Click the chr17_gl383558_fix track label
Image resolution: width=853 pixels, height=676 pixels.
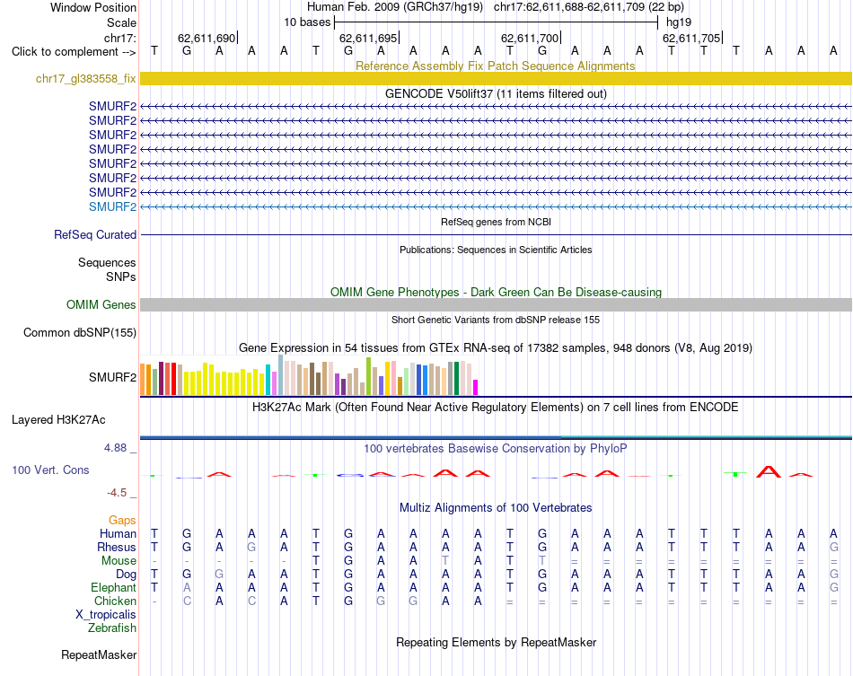(85, 79)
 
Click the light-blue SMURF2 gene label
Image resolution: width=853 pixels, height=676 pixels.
(112, 206)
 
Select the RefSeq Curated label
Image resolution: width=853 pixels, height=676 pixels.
(95, 234)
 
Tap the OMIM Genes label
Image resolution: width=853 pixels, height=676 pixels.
(101, 304)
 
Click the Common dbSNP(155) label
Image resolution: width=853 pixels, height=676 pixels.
(80, 332)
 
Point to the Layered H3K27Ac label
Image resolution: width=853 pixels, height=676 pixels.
(58, 420)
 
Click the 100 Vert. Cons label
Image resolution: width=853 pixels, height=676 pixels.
(50, 470)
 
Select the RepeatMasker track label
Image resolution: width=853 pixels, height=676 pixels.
(99, 654)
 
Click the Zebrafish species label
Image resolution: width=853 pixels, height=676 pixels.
(112, 628)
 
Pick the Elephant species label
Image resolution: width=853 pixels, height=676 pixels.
(114, 588)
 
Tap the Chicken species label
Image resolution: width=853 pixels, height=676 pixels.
(115, 601)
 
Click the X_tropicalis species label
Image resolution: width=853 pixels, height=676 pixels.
(106, 615)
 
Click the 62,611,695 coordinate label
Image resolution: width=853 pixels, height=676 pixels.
(368, 38)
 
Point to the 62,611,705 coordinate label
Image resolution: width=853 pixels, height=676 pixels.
(691, 38)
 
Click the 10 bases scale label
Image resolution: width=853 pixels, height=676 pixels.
(307, 22)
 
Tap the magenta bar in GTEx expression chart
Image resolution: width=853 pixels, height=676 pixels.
(476, 387)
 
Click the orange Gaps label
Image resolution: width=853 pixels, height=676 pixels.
(122, 521)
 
